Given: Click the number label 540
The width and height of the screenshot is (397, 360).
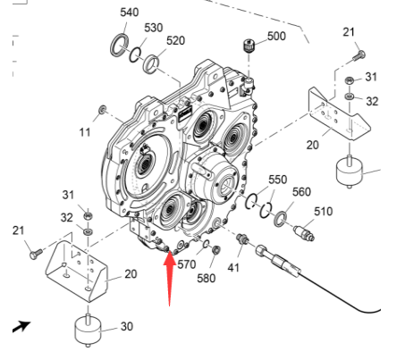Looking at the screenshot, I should pos(130,13).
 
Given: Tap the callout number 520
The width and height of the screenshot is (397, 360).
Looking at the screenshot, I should pos(175,41).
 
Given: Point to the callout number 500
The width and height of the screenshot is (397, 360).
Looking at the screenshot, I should pos(276,36).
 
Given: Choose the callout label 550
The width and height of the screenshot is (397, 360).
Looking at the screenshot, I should pos(278,180).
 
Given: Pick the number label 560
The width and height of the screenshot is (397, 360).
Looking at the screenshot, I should pos(301,192).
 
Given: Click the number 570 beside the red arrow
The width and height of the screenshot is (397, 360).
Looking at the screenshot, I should pos(186,264).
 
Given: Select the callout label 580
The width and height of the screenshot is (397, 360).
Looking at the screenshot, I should pos(207,279).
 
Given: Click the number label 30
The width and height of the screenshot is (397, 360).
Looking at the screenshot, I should pos(126,326).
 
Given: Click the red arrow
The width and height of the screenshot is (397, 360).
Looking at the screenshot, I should pos(169,277).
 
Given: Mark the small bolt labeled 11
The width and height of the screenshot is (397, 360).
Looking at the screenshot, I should pos(104,110).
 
